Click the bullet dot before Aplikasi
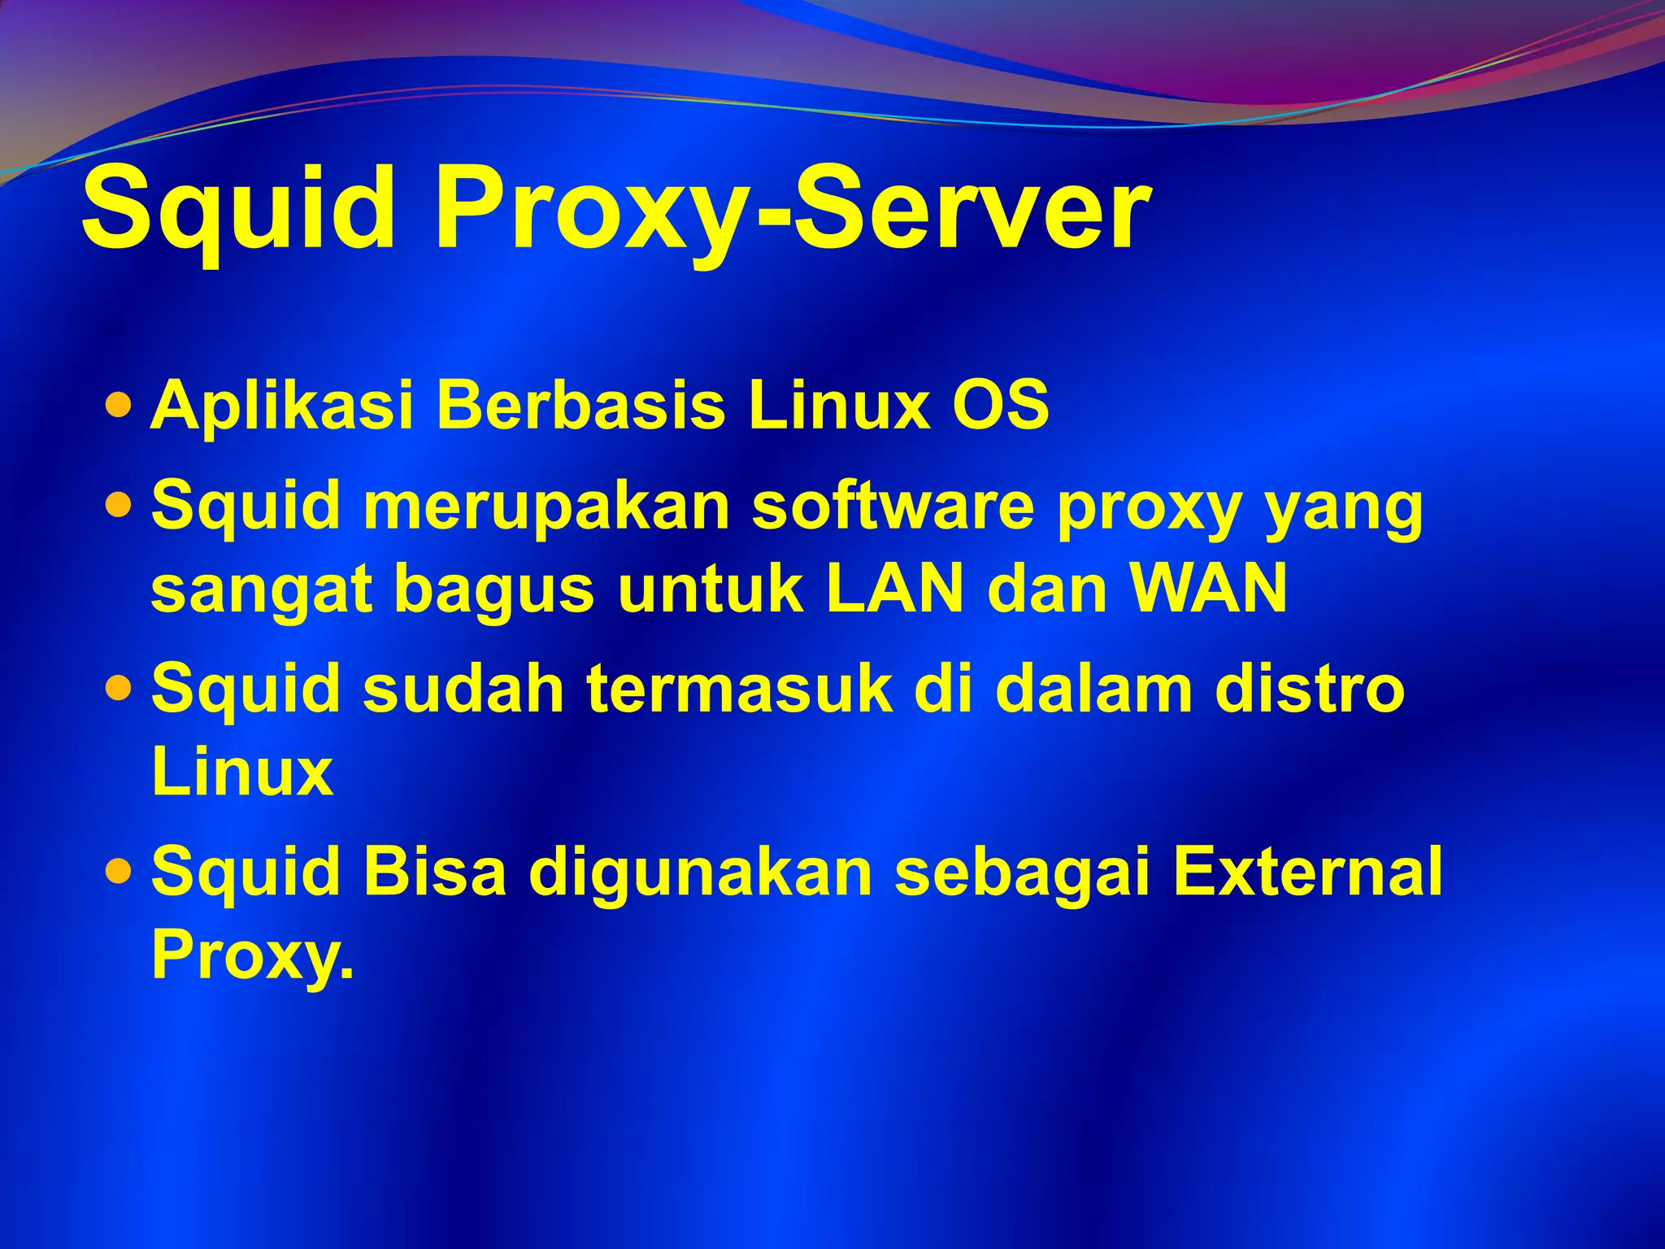pos(119,404)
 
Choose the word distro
pos(1310,689)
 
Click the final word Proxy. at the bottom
pos(253,955)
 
